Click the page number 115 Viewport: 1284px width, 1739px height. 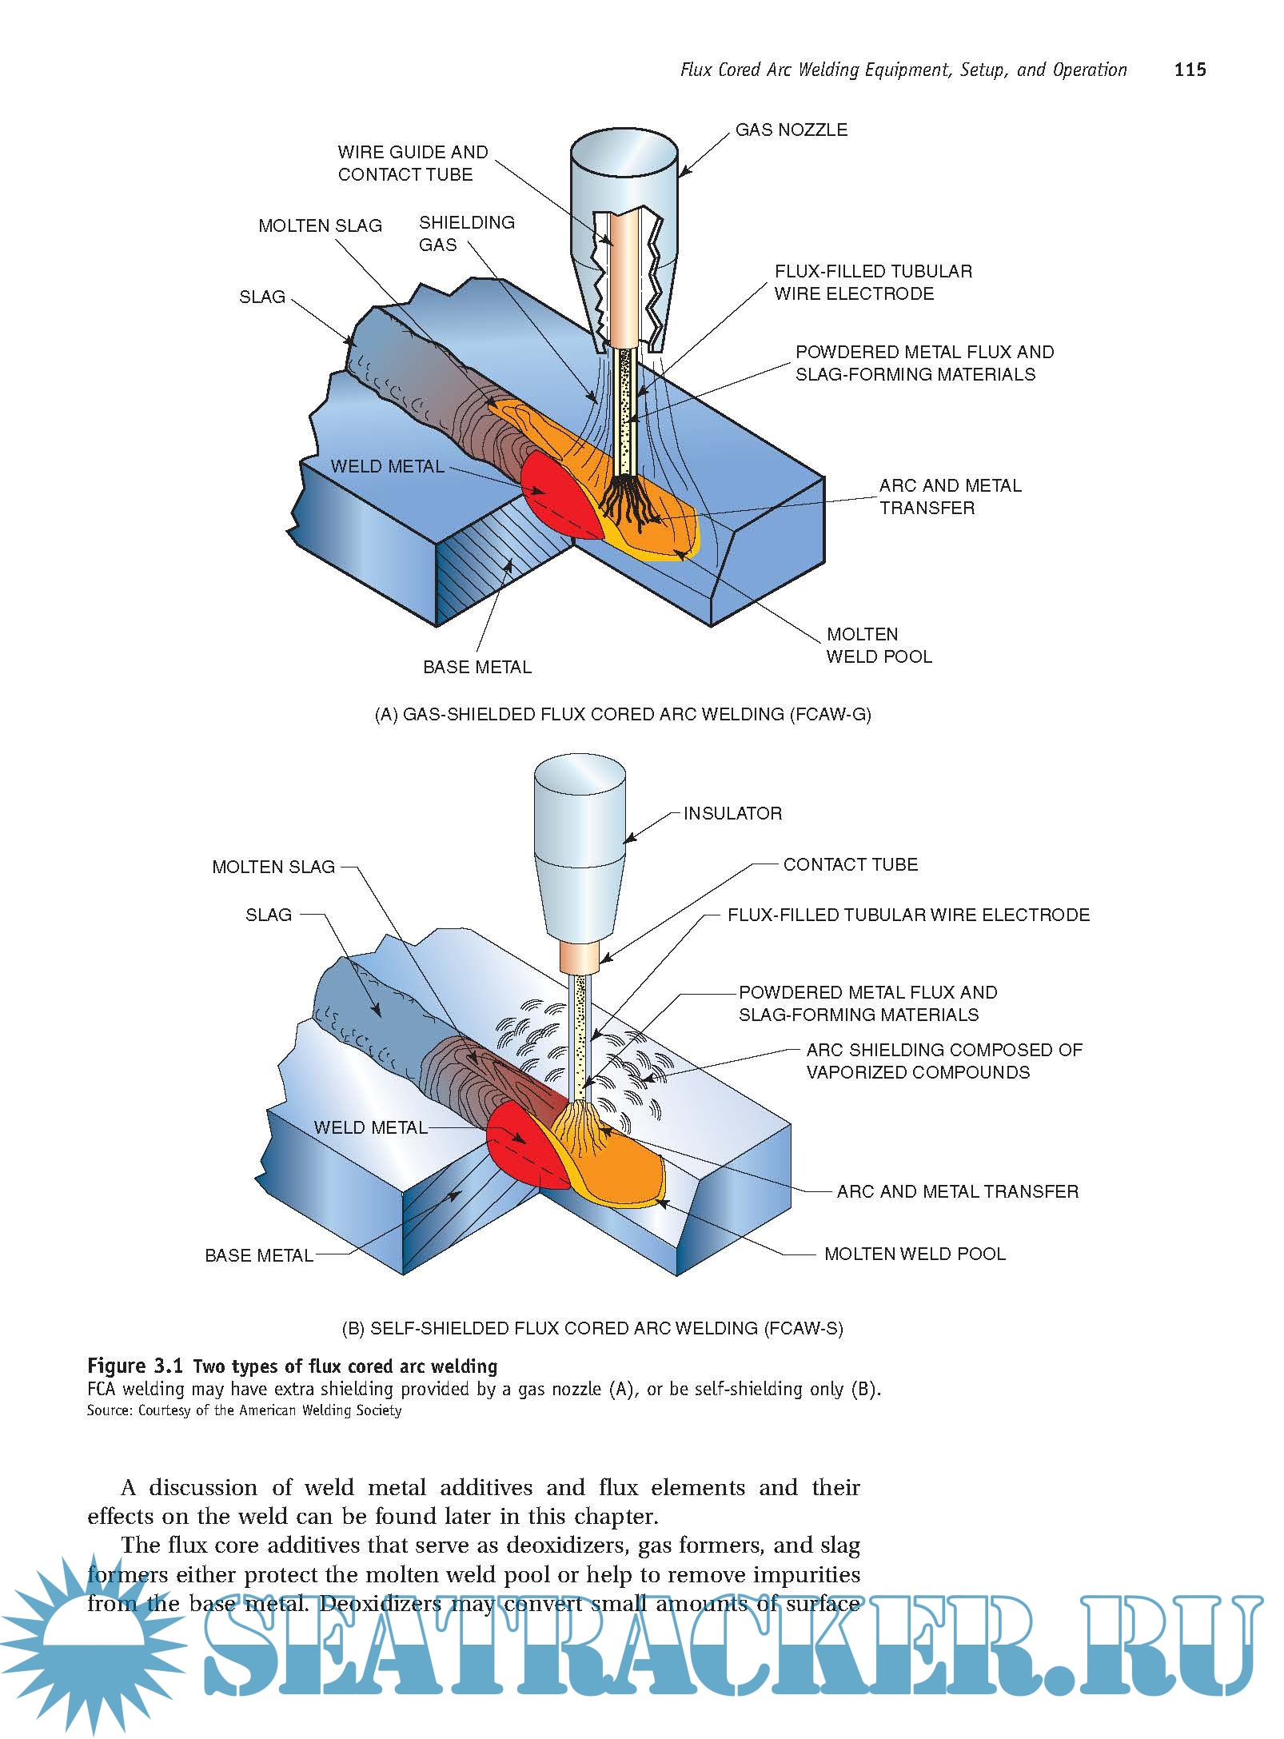[1190, 70]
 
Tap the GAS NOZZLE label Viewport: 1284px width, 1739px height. [791, 130]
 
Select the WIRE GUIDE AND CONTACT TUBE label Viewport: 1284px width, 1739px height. [412, 163]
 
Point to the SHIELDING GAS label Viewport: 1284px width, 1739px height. [466, 233]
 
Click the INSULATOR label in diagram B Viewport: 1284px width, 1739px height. [732, 813]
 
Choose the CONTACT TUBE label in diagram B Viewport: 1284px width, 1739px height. [850, 864]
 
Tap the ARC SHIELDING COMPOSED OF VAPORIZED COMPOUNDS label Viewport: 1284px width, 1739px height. [943, 1061]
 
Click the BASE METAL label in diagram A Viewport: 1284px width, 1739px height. [477, 667]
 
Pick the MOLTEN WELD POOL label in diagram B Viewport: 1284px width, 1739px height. [915, 1254]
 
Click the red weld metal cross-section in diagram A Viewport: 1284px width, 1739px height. [552, 492]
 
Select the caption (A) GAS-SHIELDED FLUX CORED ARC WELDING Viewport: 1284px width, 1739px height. [623, 714]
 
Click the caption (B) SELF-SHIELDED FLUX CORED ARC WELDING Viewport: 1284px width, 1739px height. [592, 1328]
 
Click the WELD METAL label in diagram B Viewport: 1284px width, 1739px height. [370, 1127]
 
